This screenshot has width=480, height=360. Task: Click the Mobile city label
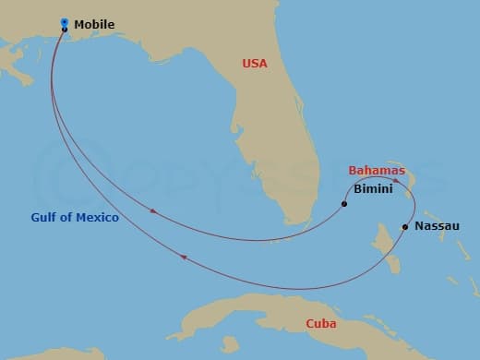click(94, 24)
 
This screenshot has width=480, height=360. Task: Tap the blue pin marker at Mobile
click(64, 22)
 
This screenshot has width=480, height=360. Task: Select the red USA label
click(255, 64)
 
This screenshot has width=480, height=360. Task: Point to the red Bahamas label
click(376, 171)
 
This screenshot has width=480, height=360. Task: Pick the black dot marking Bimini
click(343, 203)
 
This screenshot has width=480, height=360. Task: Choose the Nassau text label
click(437, 225)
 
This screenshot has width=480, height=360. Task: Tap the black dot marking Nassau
click(405, 226)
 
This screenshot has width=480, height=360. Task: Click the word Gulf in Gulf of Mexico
click(44, 217)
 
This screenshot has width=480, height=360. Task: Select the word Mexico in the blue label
click(99, 217)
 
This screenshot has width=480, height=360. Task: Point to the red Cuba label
click(321, 324)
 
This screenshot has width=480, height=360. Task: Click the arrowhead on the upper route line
click(152, 212)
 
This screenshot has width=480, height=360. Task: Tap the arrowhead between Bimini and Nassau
click(395, 181)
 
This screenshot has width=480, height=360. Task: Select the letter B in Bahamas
click(353, 171)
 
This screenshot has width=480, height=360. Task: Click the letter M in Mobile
click(78, 24)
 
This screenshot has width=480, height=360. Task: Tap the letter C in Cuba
click(310, 324)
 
